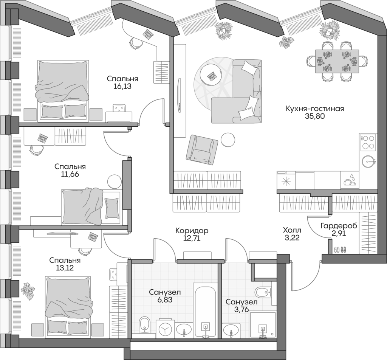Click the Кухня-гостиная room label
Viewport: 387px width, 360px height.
(315, 109)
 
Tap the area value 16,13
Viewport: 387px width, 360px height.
(122, 86)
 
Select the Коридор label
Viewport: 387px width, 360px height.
(192, 230)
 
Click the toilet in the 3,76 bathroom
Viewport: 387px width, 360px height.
(262, 292)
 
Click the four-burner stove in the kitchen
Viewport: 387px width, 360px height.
(368, 143)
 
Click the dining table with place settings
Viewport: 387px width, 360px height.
(337, 61)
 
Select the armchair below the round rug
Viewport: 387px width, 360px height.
(201, 150)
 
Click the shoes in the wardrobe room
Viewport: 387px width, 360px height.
(340, 250)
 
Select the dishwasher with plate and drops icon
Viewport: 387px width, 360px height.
(350, 180)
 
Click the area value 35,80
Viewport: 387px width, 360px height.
(315, 117)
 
